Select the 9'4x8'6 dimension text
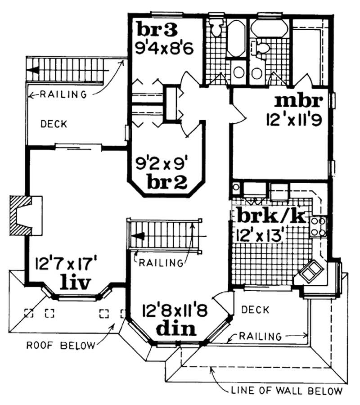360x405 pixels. click(x=164, y=46)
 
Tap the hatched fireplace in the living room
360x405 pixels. click(x=25, y=215)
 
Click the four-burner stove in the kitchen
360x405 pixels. click(x=319, y=226)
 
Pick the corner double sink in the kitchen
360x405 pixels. click(x=311, y=272)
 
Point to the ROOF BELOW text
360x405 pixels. click(x=61, y=346)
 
